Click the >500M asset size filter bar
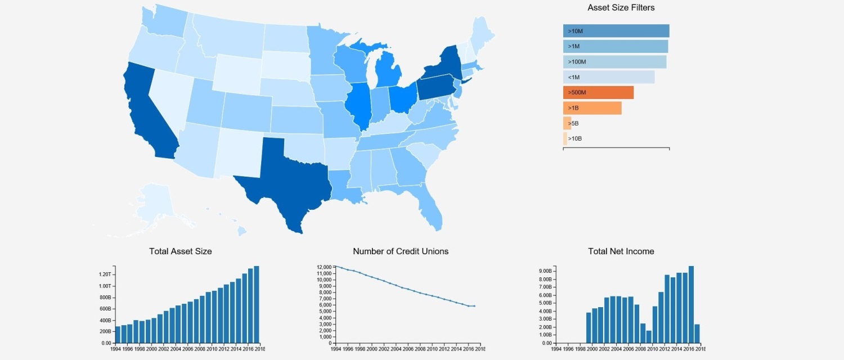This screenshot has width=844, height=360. [x=598, y=93]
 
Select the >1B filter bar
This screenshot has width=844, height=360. [x=592, y=108]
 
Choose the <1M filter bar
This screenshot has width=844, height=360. [x=609, y=77]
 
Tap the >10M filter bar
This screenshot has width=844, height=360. [x=616, y=31]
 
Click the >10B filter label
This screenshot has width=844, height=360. [x=575, y=138]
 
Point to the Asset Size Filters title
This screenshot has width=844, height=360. [x=621, y=7]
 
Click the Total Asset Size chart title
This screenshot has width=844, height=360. [x=181, y=251]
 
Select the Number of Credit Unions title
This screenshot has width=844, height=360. [x=401, y=251]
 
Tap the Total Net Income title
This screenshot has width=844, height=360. [x=621, y=251]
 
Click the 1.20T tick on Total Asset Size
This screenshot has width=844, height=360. [x=105, y=274]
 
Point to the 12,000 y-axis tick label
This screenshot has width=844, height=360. [x=324, y=267]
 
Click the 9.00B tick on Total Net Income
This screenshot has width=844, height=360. [x=545, y=271]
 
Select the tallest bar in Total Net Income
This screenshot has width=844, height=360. [x=691, y=305]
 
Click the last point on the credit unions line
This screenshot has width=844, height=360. [x=474, y=306]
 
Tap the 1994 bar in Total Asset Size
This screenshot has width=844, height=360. [x=118, y=335]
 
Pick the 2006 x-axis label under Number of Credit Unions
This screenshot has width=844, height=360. [x=408, y=349]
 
